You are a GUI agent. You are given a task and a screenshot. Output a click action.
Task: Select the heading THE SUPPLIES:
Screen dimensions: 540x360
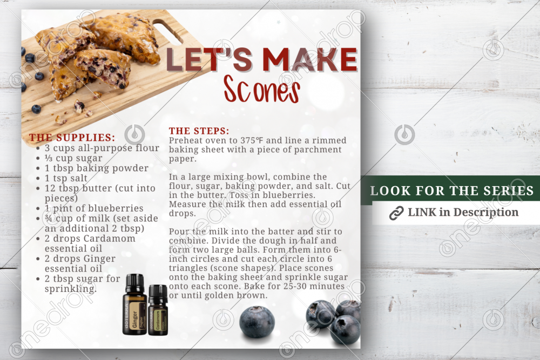pos(72,138)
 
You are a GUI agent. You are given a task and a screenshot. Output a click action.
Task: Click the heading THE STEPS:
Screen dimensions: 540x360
pos(199,131)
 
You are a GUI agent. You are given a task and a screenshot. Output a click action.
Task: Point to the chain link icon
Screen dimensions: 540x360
pos(396,213)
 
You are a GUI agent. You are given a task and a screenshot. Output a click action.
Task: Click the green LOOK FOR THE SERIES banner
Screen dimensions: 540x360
pos(450,191)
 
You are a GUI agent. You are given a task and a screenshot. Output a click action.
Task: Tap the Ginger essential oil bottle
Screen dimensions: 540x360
pos(134,304)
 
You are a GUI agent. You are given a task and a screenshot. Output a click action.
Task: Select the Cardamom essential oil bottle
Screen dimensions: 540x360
pos(158,310)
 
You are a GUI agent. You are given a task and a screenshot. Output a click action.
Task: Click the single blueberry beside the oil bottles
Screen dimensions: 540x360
pos(257,322)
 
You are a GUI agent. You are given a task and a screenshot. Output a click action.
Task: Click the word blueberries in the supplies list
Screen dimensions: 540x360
pos(116,208)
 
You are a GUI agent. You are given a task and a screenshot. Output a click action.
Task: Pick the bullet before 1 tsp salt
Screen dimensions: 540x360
pos(38,178)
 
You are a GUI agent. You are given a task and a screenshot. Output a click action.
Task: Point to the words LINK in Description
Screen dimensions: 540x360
pos(463,212)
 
